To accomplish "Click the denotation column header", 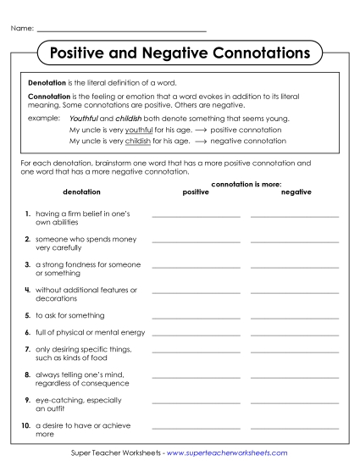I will [81, 192].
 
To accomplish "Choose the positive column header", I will [195, 192].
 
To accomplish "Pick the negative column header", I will [296, 192].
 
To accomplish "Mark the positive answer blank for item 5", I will [196, 317].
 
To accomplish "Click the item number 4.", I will [28, 290].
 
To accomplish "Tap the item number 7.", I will [28, 348].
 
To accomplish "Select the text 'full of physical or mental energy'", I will [90, 332].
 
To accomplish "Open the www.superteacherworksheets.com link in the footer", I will [226, 453].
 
